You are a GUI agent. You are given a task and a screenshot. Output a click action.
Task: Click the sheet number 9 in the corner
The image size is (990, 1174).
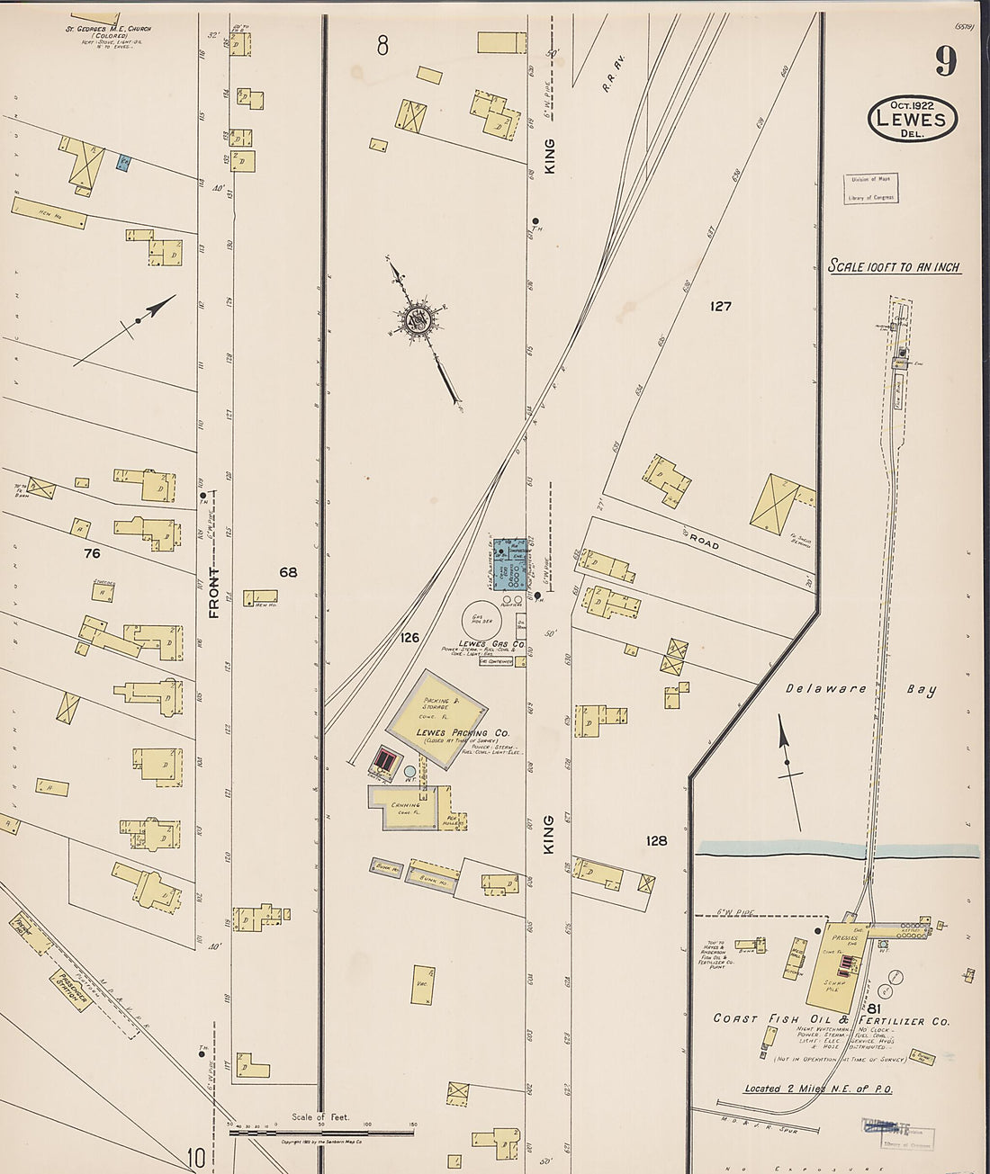945,61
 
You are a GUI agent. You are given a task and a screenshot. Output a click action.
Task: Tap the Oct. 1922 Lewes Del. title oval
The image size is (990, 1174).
912,119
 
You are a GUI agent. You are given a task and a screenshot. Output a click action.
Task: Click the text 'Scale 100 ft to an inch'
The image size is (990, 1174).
894,267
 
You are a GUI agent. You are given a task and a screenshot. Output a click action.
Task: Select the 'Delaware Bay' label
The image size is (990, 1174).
859,689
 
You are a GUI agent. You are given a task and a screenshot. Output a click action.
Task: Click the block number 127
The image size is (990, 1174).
720,307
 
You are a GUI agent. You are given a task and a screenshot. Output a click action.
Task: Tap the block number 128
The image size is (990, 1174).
656,840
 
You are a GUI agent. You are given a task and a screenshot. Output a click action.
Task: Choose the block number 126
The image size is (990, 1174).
409,638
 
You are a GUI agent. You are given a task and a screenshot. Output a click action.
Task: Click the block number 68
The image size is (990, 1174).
288,572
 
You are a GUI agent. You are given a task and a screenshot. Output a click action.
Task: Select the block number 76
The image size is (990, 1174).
92,553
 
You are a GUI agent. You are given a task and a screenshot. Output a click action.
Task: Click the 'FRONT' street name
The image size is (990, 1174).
214,593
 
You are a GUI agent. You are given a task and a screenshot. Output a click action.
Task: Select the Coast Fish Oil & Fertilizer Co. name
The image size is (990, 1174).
831,1019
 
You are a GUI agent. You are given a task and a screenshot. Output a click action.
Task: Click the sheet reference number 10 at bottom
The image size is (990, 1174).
196,1158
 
